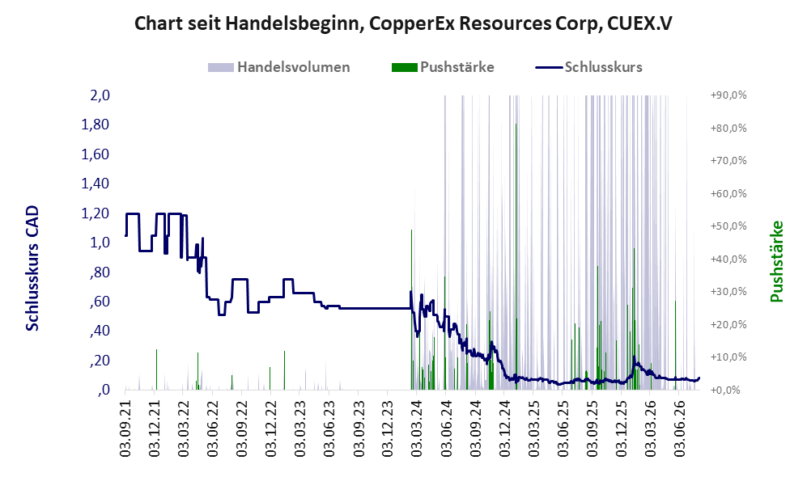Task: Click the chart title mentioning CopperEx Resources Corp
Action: pos(403,23)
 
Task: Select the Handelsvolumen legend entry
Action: pos(279,67)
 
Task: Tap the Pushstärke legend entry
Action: pos(443,67)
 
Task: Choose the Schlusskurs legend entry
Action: pos(588,67)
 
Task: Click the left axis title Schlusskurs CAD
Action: pos(32,268)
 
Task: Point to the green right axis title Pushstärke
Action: pos(776,261)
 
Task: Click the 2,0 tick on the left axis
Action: pos(100,95)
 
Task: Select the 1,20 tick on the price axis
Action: pos(96,213)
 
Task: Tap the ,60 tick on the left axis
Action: pos(100,302)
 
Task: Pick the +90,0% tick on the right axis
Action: pos(728,95)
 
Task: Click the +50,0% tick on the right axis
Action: pos(728,226)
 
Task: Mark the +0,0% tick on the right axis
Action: pos(726,390)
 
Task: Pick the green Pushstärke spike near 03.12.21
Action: pos(156,369)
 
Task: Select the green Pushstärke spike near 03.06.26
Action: pos(675,345)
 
